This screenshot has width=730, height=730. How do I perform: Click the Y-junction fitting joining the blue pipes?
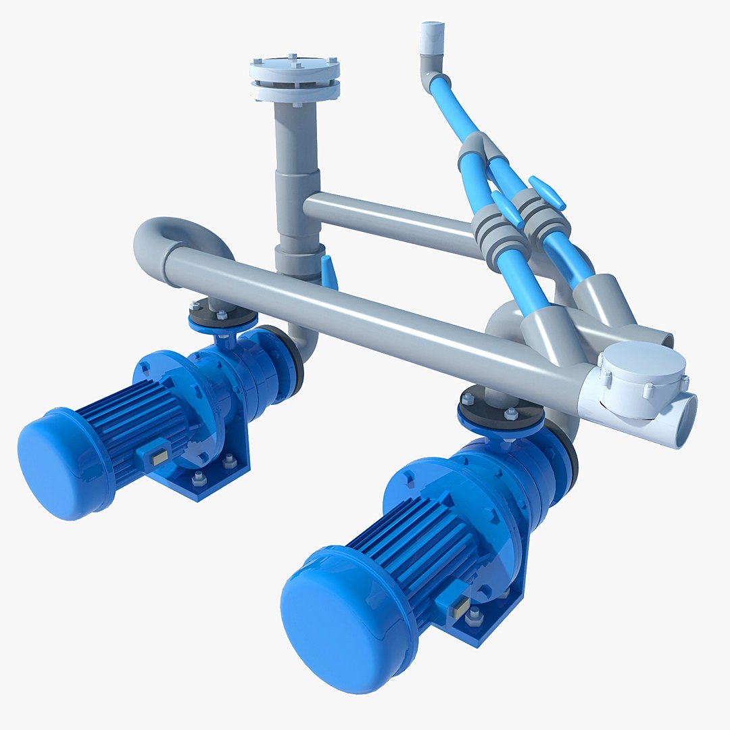(476, 152)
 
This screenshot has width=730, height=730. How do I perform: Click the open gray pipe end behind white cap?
(662, 338)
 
